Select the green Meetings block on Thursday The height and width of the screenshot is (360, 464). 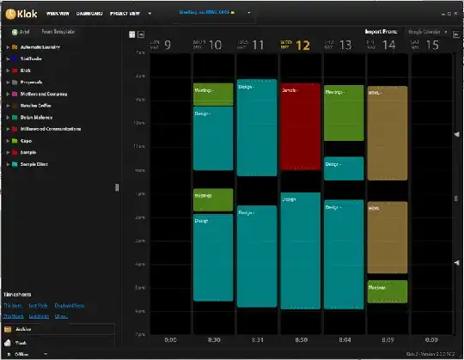(344, 113)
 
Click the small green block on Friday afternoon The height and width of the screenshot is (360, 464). (387, 290)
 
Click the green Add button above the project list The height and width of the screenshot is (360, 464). (21, 32)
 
